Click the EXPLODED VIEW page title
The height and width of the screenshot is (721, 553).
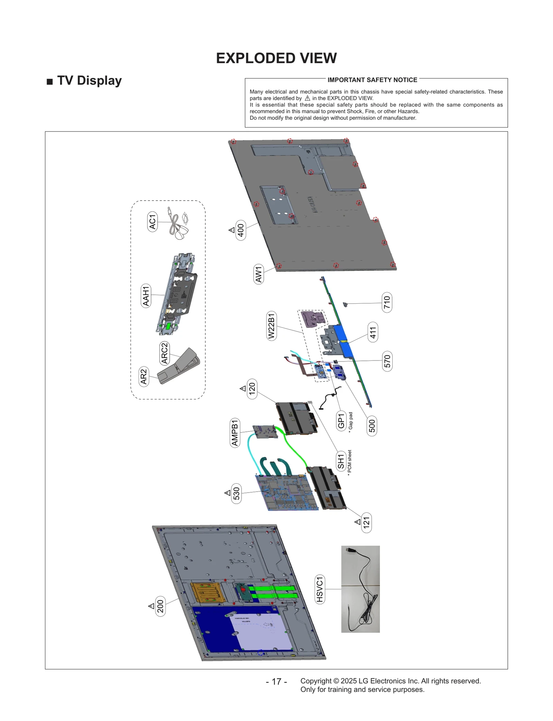click(276, 58)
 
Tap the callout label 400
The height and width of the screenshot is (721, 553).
click(241, 230)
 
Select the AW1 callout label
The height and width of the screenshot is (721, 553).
click(259, 274)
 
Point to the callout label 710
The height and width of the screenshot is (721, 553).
click(387, 302)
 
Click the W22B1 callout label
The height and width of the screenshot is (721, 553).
click(272, 326)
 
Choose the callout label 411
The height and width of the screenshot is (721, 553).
click(373, 332)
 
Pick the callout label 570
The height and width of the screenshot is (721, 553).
click(387, 361)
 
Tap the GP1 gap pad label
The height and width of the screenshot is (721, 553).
click(341, 421)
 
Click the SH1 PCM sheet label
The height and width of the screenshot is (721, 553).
click(341, 461)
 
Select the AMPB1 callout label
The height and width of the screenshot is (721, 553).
click(235, 432)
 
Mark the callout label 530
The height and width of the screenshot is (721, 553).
click(236, 493)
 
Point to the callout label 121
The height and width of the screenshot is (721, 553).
click(366, 522)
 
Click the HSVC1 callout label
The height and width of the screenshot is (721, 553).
click(320, 589)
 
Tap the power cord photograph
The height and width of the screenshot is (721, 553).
click(360, 589)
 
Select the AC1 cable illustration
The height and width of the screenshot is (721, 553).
click(178, 225)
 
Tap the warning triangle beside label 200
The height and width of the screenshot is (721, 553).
click(151, 606)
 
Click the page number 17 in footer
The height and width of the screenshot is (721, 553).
click(276, 682)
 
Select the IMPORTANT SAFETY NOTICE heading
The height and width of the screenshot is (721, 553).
click(372, 80)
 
